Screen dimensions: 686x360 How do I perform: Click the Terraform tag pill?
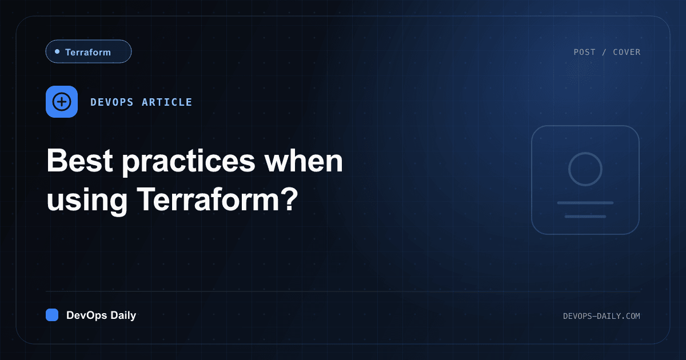coord(89,51)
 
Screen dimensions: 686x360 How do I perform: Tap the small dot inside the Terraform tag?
coord(57,51)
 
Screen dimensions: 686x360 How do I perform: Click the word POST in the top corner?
coord(584,52)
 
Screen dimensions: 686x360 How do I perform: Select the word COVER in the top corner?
coord(627,52)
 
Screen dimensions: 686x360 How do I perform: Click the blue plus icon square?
coord(62,102)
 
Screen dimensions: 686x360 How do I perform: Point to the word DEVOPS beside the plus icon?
coord(112,102)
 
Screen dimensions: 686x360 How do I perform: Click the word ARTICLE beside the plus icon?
coord(167,102)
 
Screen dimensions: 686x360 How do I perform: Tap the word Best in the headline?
coord(79,161)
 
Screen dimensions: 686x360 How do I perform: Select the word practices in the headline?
coord(189,162)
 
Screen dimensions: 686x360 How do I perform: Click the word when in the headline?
coord(304,161)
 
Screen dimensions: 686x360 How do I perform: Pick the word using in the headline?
coord(87,201)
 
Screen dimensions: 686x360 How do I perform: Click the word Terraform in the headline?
coord(208,199)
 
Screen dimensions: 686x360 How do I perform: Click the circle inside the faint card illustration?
coord(585,153)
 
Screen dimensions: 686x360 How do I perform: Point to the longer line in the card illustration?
coord(585,203)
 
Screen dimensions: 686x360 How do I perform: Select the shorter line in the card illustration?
coord(585,217)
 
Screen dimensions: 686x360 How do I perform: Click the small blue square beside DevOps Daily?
coord(52,315)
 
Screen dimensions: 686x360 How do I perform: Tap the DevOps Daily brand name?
coord(101,315)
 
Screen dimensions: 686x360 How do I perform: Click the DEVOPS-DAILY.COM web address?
coord(601,316)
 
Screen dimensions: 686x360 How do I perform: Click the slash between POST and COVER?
coord(604,52)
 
